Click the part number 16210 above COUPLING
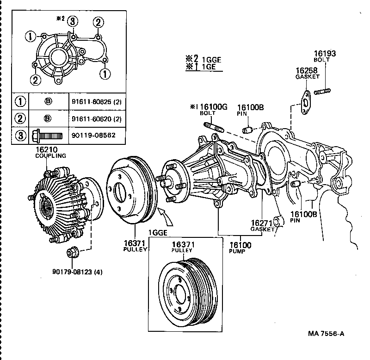point(45,150)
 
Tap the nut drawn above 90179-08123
point(72,253)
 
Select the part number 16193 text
point(325,54)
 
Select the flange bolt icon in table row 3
point(49,136)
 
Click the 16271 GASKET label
point(263,225)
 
